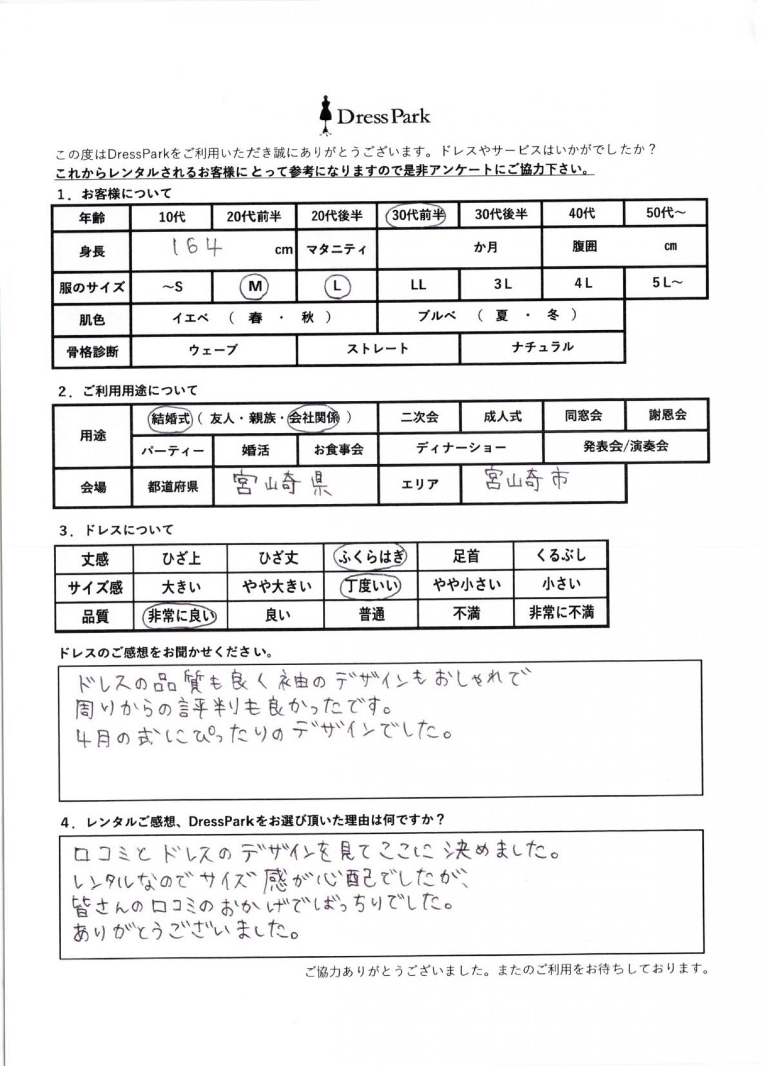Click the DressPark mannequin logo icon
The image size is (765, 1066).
[325, 116]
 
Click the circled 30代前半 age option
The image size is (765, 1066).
[417, 215]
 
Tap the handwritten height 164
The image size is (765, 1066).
[196, 248]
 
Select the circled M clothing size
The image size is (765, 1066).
[254, 286]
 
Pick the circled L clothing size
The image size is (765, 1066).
[337, 286]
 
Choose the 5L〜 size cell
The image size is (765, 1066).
[666, 283]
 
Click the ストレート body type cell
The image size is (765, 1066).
[377, 349]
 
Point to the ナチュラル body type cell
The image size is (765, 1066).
[542, 347]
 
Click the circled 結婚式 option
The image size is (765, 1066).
[170, 419]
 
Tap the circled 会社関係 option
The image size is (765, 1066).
[314, 418]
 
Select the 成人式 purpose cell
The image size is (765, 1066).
[502, 417]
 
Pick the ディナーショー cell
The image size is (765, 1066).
[461, 448]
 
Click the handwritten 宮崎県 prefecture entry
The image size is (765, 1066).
[282, 484]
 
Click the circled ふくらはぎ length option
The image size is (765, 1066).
[371, 557]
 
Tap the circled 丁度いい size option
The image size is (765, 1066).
[371, 586]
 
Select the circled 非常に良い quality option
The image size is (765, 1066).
[180, 616]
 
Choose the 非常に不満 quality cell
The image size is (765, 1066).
[561, 612]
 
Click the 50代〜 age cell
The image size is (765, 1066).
[665, 213]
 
